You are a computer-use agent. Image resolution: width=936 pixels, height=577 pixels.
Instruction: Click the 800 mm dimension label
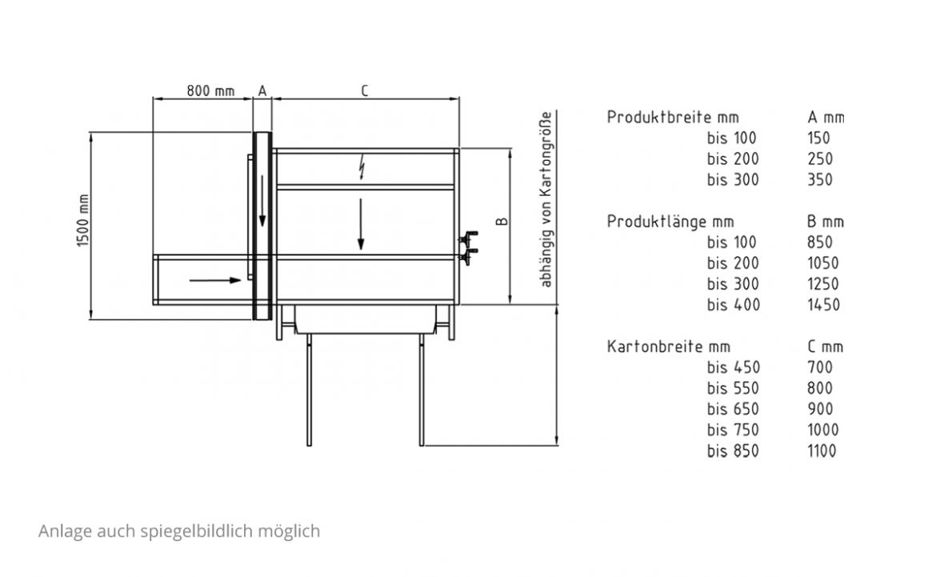click(210, 90)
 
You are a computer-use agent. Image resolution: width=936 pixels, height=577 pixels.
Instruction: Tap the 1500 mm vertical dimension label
click(83, 220)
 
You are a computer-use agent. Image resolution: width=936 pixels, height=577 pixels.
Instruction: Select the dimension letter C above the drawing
click(365, 90)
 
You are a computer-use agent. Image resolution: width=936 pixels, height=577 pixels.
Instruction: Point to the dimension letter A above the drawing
click(262, 90)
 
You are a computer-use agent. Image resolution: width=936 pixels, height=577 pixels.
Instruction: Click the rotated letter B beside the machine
click(502, 222)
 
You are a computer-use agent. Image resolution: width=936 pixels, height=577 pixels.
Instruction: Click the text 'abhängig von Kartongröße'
click(546, 200)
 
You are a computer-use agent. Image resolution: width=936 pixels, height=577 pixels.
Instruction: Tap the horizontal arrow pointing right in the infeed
click(215, 279)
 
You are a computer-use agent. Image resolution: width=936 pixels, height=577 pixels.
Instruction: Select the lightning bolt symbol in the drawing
click(362, 166)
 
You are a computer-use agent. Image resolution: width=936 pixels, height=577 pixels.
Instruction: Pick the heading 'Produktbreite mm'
click(673, 117)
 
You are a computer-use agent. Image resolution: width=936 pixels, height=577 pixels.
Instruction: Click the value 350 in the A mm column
click(819, 180)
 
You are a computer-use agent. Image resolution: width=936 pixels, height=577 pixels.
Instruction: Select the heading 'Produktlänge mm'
click(670, 222)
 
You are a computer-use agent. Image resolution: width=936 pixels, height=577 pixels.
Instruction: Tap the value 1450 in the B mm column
click(824, 305)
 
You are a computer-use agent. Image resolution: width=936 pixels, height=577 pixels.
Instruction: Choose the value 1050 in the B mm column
click(823, 262)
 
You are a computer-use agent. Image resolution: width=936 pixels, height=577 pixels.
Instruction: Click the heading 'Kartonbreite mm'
click(669, 347)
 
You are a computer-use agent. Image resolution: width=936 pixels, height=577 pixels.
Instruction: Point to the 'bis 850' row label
click(733, 451)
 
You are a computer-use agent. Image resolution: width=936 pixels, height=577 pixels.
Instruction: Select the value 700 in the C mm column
click(819, 367)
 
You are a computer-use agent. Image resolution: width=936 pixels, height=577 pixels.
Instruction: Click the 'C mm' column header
click(826, 347)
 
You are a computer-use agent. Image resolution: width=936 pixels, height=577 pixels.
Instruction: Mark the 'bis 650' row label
click(733, 409)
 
